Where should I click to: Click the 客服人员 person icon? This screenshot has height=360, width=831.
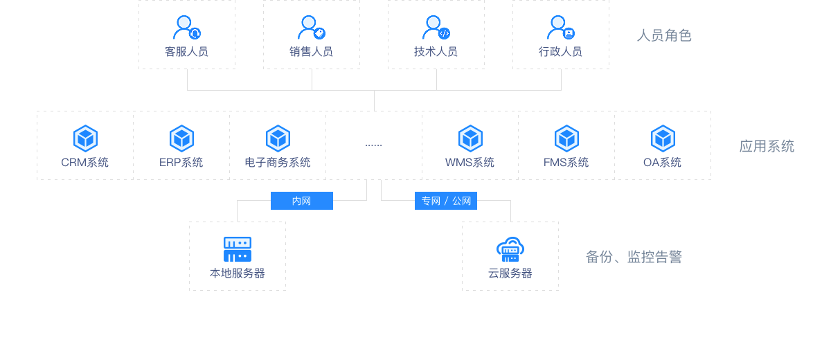186,28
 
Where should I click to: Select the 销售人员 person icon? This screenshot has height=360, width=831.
311,28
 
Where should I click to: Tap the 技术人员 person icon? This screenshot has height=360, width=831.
436,28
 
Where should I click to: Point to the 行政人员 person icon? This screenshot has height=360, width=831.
560,28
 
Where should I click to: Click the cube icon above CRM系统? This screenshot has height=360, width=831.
85,138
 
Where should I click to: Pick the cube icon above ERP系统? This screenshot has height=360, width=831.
181,138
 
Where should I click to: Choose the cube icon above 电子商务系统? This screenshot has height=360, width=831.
278,138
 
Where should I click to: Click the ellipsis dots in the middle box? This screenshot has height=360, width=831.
373,145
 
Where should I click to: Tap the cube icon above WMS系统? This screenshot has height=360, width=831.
470,138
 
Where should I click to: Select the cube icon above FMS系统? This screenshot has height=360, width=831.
566,138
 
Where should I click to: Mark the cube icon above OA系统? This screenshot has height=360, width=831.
663,138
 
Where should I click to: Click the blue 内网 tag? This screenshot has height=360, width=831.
301,201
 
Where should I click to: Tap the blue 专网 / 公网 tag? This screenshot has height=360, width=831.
446,201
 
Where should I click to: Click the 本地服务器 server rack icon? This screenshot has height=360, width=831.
238,249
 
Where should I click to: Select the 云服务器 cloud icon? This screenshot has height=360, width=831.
510,249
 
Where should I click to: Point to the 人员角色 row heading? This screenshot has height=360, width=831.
664,35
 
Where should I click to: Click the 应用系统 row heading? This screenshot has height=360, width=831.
767,145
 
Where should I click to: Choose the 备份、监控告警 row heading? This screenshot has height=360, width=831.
634,257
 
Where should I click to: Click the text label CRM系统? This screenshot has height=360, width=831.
85,163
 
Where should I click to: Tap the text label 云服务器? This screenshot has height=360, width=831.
510,273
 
